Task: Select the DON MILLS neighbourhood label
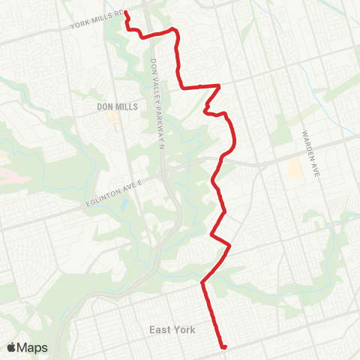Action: (118, 107)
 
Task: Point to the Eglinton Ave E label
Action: (114, 196)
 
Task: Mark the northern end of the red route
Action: (125, 12)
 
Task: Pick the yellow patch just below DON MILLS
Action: (112, 118)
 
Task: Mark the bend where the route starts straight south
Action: (202, 283)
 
